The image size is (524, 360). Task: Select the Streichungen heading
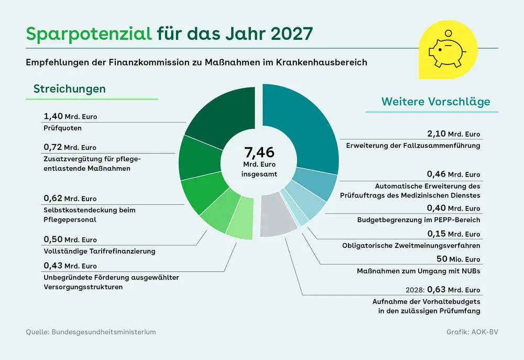coord(70,89)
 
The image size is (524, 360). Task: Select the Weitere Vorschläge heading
coord(436,101)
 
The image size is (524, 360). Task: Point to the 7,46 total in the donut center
coord(259,152)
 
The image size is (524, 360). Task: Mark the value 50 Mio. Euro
coord(458,259)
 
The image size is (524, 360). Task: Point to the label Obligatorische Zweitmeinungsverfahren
coord(411,245)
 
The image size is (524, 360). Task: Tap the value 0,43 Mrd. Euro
coord(70,266)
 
